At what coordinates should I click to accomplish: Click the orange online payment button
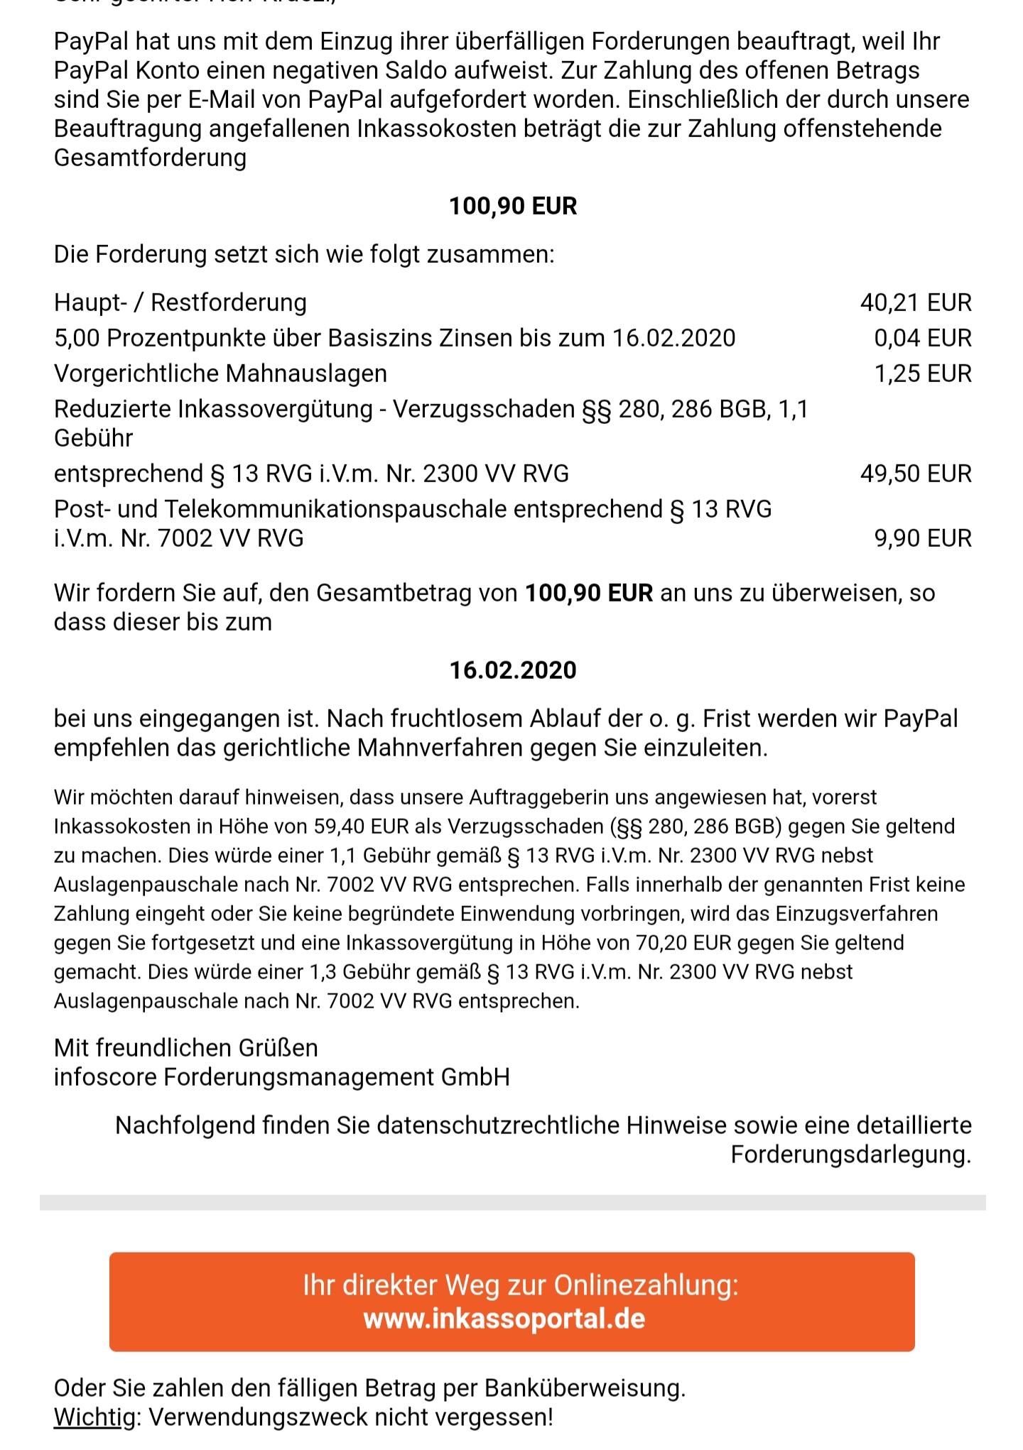(x=511, y=1301)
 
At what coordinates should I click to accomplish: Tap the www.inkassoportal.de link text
(x=504, y=1319)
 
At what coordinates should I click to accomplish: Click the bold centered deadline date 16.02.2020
(x=513, y=670)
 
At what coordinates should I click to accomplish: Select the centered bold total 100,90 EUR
(x=513, y=206)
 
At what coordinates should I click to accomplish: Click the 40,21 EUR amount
(x=915, y=302)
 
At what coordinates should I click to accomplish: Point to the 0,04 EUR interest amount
(x=922, y=338)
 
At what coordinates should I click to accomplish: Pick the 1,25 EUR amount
(x=922, y=374)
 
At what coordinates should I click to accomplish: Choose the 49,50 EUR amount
(x=915, y=474)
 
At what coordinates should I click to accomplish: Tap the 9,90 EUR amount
(x=922, y=538)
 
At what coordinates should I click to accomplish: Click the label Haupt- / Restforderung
(x=180, y=302)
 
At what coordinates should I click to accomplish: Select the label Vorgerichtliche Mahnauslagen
(x=220, y=374)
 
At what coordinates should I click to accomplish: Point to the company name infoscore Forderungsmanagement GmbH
(x=281, y=1077)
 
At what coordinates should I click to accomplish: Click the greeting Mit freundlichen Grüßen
(x=186, y=1047)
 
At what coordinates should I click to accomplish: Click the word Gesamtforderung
(x=150, y=157)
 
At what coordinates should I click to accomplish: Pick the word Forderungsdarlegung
(x=850, y=1154)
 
